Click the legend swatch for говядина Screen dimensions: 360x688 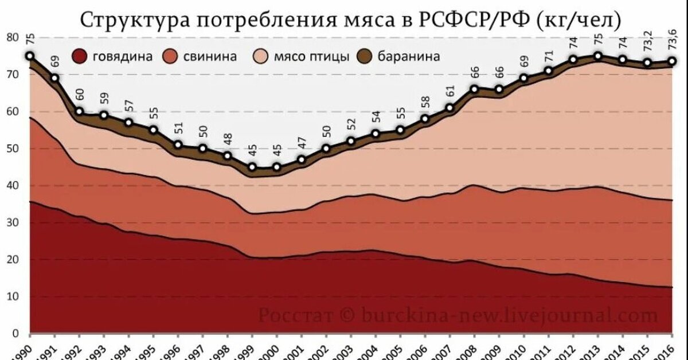pos(79,57)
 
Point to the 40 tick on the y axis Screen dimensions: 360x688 pos(13,186)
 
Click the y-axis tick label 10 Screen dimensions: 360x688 pos(13,296)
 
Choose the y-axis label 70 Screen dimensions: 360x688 pos(13,75)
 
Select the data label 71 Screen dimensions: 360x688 pos(549,56)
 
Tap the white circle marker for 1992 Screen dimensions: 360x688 pos(79,112)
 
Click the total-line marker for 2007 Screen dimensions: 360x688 pos(449,108)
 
